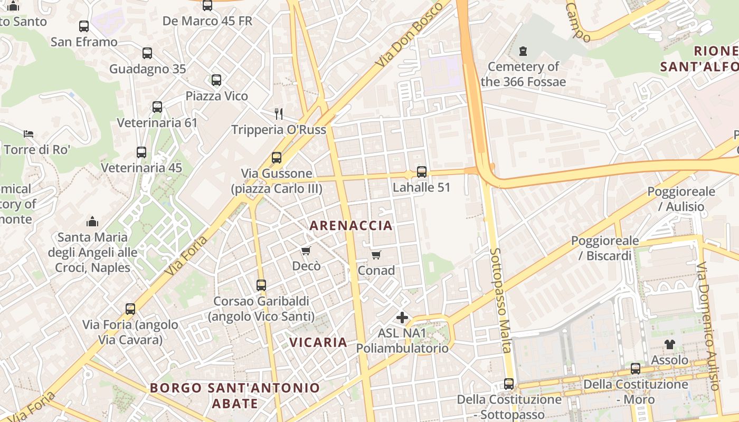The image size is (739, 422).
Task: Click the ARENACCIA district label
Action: click(x=351, y=226)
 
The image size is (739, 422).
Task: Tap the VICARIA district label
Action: click(x=318, y=342)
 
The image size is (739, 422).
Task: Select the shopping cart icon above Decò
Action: click(x=306, y=251)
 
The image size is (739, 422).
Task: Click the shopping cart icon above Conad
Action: click(x=376, y=255)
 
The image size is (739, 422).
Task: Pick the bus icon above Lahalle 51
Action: click(x=421, y=172)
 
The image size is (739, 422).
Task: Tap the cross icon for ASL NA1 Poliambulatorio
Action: click(x=402, y=318)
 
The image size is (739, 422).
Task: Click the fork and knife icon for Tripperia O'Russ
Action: click(x=279, y=113)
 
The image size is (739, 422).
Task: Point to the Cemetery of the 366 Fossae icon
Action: click(x=523, y=51)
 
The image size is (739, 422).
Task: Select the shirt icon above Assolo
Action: click(x=670, y=344)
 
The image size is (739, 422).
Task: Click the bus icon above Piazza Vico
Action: click(x=216, y=80)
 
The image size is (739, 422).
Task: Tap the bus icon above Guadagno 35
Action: click(x=147, y=53)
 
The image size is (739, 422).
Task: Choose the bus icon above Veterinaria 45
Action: click(x=141, y=152)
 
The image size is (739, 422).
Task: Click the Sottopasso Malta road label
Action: click(x=500, y=300)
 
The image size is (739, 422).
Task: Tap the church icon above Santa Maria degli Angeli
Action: click(x=92, y=221)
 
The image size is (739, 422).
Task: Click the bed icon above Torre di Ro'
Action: click(x=29, y=134)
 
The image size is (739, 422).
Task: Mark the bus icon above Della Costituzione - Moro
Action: click(x=636, y=369)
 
